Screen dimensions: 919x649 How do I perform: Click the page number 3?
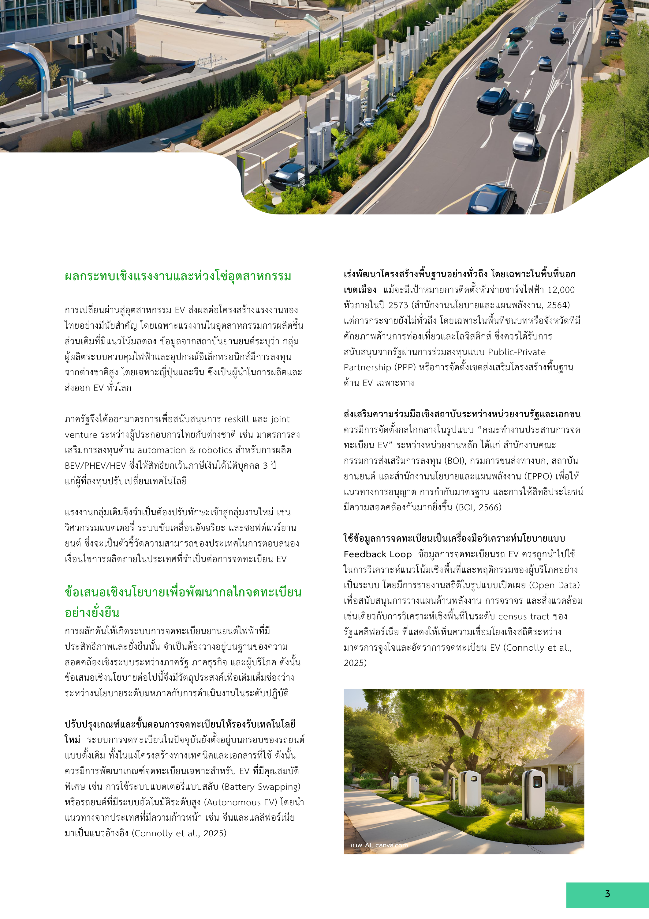point(607,894)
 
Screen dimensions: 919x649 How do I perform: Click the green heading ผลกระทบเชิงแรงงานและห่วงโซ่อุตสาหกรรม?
point(178,277)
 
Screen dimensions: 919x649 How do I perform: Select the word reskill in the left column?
point(237,419)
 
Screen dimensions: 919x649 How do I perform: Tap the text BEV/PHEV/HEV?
point(95,466)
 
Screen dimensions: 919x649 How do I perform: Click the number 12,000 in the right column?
point(561,290)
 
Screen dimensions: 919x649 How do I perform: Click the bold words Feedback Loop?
point(378,554)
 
